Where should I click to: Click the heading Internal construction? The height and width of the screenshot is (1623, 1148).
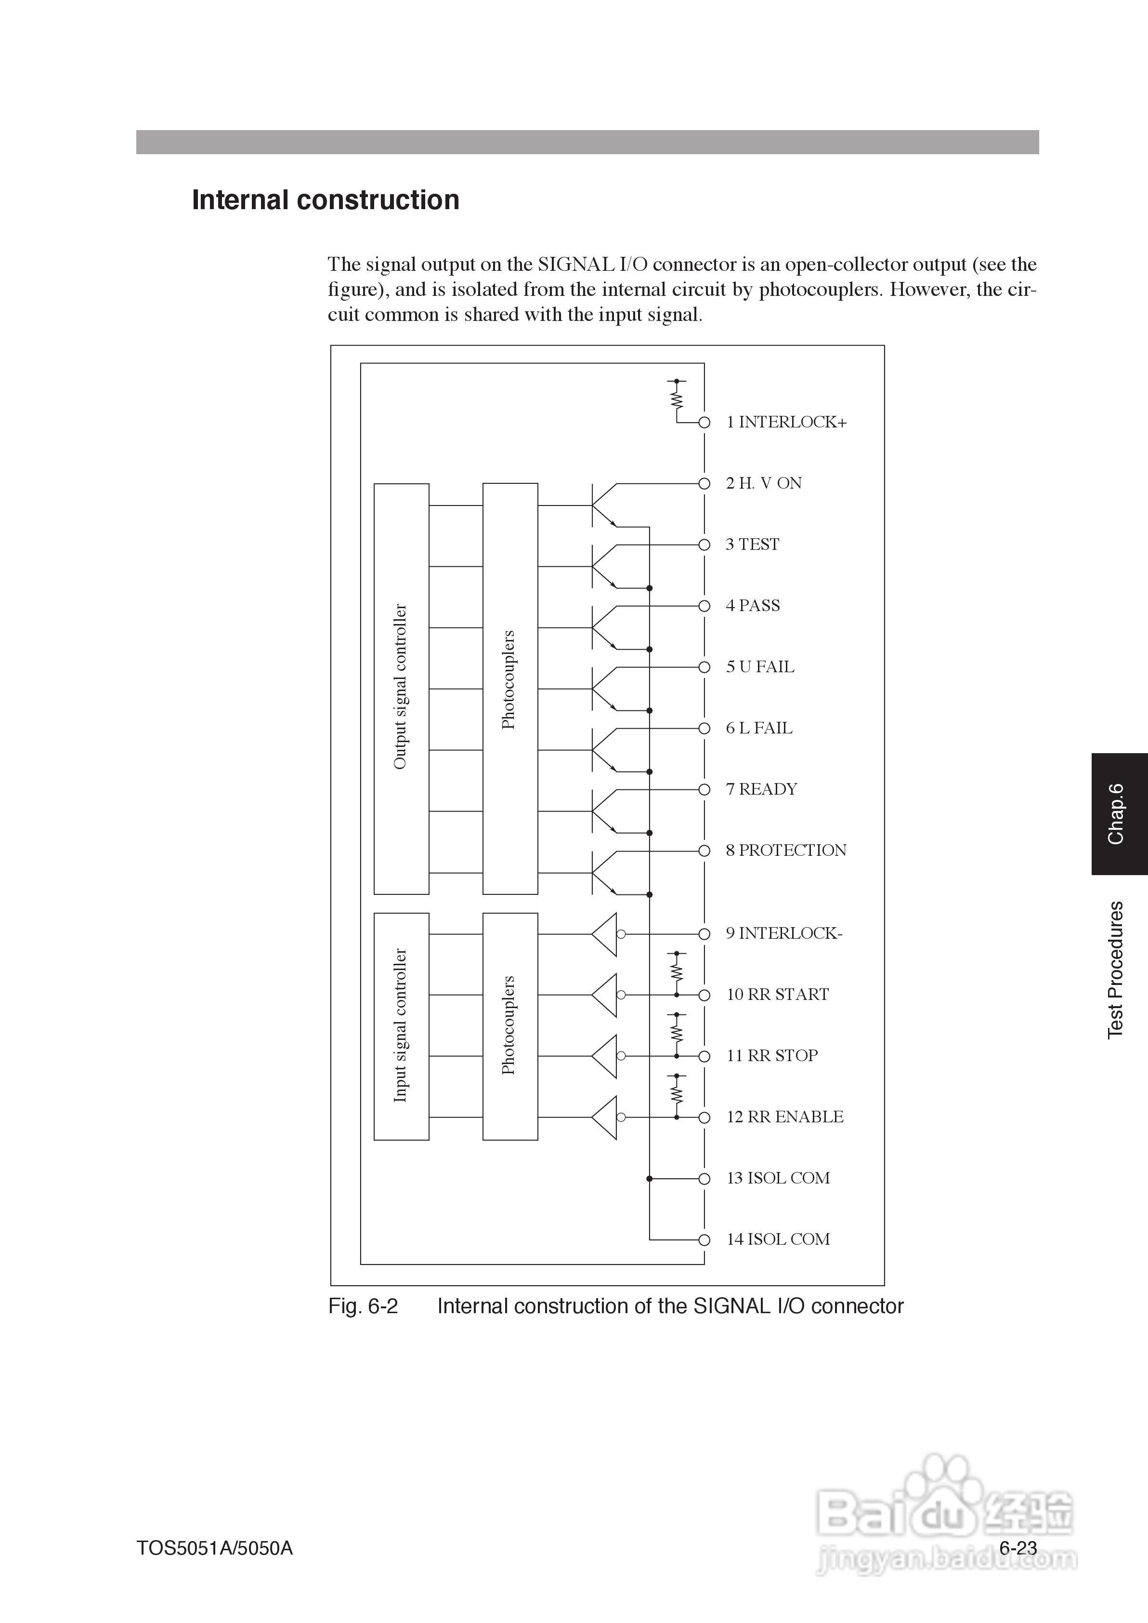[x=325, y=200]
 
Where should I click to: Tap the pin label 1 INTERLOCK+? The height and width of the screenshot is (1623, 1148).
[x=785, y=422]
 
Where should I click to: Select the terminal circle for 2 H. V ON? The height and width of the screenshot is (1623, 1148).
[x=704, y=484]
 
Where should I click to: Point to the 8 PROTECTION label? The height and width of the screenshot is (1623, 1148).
[x=785, y=850]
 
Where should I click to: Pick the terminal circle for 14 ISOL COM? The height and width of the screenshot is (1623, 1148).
[x=704, y=1240]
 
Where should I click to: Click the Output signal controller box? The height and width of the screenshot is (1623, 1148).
[x=401, y=688]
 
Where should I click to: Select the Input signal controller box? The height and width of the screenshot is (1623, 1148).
[x=401, y=1025]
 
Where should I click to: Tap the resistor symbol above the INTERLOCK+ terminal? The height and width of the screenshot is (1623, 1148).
[x=677, y=399]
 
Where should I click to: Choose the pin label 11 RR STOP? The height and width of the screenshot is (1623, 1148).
[x=771, y=1056]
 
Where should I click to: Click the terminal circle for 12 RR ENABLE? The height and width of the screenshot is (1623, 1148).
[x=704, y=1117]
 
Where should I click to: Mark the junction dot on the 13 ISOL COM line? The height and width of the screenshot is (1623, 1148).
[x=650, y=1179]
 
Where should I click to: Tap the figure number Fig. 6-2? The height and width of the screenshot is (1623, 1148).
[x=363, y=1306]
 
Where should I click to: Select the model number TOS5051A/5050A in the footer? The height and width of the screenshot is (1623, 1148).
[x=214, y=1548]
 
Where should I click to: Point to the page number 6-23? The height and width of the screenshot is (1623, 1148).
[x=1018, y=1547]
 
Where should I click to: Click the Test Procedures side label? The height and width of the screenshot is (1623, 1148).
[x=1115, y=970]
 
